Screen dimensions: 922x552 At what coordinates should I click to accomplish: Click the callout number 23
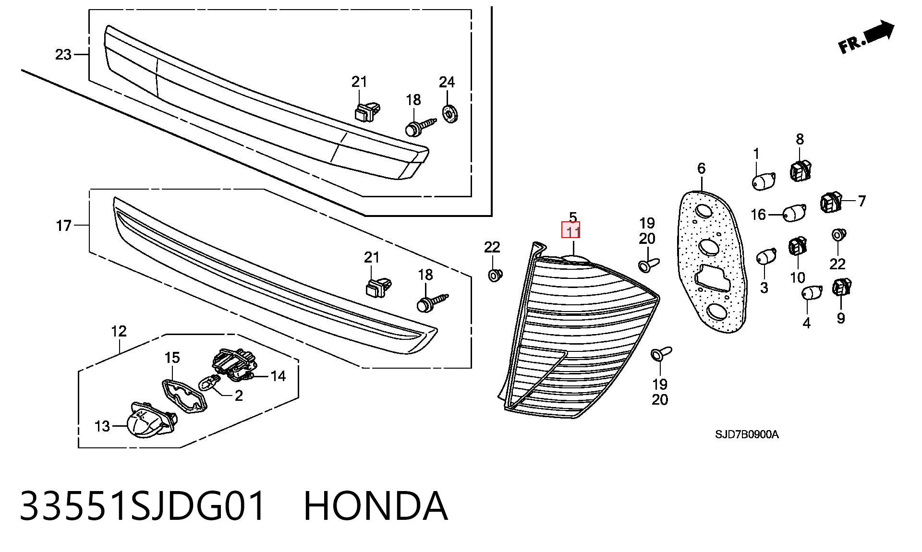(63, 55)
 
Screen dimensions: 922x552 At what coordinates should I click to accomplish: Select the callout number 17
(64, 226)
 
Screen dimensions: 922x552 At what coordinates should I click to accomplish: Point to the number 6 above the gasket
(701, 168)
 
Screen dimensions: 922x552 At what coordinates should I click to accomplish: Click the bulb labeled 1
(763, 181)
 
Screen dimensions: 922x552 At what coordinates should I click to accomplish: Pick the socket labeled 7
(831, 202)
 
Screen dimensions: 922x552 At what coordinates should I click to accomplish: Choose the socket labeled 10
(798, 246)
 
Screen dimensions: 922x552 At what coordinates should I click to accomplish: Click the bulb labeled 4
(813, 292)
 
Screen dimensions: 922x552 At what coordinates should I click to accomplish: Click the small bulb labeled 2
(210, 384)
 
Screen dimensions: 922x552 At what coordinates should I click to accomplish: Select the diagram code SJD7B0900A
(747, 434)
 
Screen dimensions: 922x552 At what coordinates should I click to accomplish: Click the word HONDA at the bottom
(376, 505)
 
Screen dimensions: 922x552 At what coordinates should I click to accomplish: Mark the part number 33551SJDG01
(143, 505)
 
